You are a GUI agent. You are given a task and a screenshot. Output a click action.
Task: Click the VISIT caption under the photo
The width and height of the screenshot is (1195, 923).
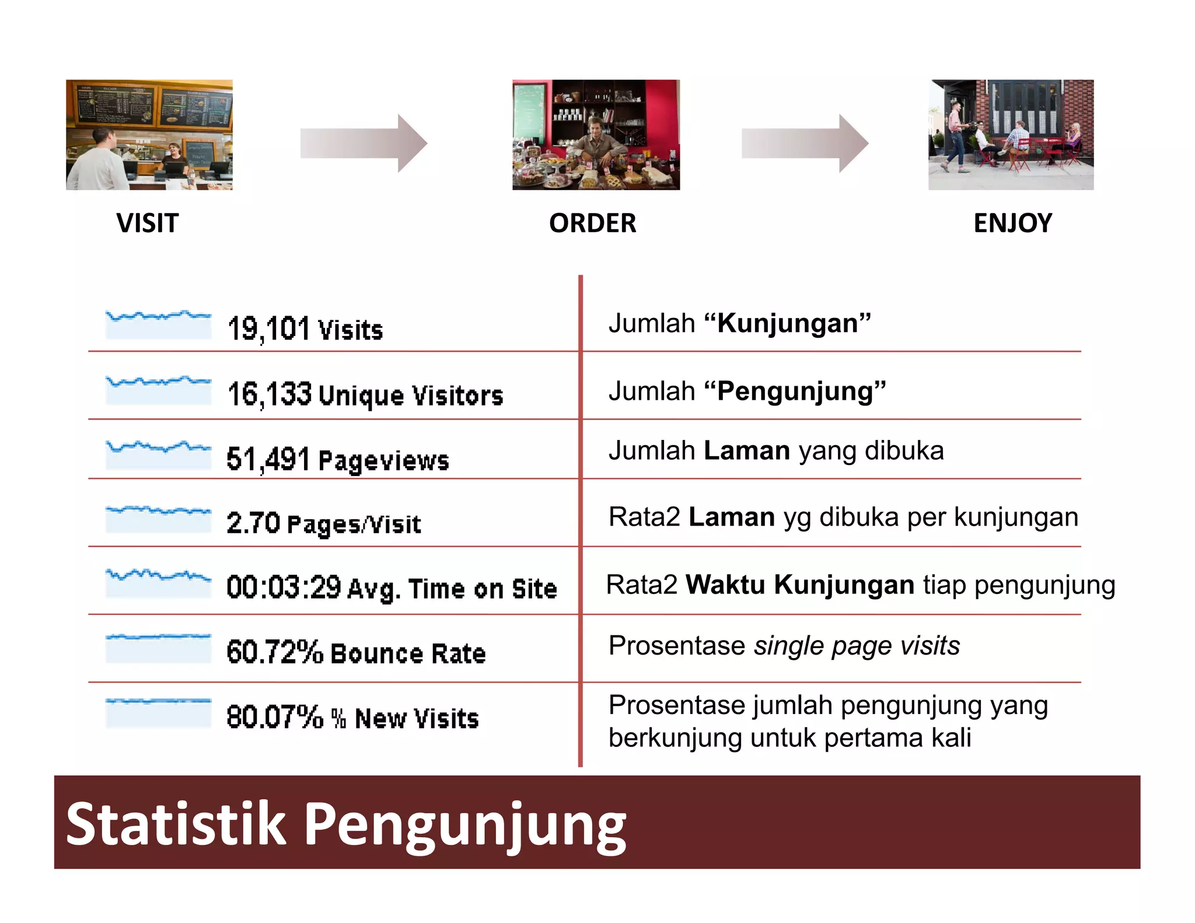coord(147,223)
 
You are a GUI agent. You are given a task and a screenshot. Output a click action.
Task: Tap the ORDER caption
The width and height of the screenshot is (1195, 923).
coord(592,223)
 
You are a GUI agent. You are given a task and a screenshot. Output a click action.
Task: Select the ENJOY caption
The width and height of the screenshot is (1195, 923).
coord(1012,223)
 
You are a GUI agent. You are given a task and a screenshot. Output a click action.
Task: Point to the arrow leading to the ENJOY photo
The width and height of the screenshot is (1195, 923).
coord(805,143)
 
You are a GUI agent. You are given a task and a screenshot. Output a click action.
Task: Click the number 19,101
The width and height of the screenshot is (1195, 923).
coord(268,328)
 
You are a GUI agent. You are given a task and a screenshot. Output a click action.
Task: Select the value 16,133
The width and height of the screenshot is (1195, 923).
coord(270,394)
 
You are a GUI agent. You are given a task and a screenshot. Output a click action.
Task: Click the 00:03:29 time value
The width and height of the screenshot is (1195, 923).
coord(284,587)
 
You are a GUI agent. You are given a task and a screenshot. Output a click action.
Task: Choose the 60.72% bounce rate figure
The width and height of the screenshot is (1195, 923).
coord(274,652)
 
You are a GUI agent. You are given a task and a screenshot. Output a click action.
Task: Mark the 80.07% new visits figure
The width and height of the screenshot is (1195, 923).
coord(274,717)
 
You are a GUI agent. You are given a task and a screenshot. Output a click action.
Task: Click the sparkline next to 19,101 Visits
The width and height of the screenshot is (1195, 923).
coord(158,324)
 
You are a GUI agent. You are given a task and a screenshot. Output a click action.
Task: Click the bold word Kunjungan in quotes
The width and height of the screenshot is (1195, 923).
coord(787,323)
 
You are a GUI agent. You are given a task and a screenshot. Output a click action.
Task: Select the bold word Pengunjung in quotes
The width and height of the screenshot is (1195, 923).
coord(795,391)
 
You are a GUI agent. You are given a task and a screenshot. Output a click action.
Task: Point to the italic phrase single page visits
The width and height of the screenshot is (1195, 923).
coord(857,645)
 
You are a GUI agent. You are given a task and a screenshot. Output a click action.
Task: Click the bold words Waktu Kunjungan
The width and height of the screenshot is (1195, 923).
coord(799,585)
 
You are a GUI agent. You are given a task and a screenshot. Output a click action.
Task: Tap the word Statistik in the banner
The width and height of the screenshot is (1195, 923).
coord(176,823)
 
